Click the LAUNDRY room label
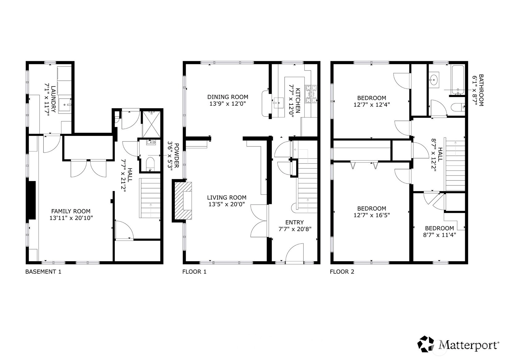coord(53,99)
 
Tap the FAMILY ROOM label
coord(71,211)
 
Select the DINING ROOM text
coord(228,97)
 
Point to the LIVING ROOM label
coord(227,197)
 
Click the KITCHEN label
coord(298,100)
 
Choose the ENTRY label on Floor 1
coord(295,222)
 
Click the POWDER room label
coord(177,155)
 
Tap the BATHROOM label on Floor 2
coord(481,90)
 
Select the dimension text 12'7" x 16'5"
coord(372,215)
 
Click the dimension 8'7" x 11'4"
coord(439,235)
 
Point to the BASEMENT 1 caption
coord(43,272)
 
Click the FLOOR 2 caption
coord(342,272)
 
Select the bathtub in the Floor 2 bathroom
coord(458,80)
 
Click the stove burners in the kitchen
coord(311,94)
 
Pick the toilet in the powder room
coord(150,164)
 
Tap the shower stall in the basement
coord(151,124)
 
